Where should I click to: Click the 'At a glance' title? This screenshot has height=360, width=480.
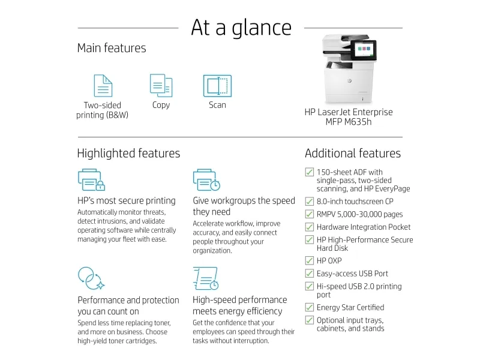(241, 28)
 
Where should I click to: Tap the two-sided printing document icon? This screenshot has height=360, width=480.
(103, 86)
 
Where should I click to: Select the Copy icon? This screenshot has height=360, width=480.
(161, 85)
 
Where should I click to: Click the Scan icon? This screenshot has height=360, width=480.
(217, 86)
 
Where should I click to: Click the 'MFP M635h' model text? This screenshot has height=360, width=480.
(349, 122)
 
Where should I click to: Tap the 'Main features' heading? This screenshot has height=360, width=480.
(112, 48)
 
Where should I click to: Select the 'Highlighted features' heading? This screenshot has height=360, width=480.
(128, 154)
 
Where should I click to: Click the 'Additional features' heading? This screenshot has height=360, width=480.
(353, 153)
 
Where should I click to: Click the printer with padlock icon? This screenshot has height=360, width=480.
(92, 179)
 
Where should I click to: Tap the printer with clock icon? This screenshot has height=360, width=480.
(206, 179)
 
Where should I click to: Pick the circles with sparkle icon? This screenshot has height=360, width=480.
(91, 278)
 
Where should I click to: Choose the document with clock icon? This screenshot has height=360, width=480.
(206, 278)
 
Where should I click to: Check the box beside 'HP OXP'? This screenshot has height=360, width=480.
(310, 260)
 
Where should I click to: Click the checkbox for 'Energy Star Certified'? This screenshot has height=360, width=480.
(310, 307)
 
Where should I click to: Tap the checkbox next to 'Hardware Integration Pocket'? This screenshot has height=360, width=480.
(310, 227)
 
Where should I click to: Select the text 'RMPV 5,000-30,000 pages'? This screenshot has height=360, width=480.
(359, 214)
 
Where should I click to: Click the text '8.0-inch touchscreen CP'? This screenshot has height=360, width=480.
(355, 202)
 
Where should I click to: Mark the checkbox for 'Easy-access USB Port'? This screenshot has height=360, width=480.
(310, 273)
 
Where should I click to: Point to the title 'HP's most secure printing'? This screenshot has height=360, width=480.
(127, 201)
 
